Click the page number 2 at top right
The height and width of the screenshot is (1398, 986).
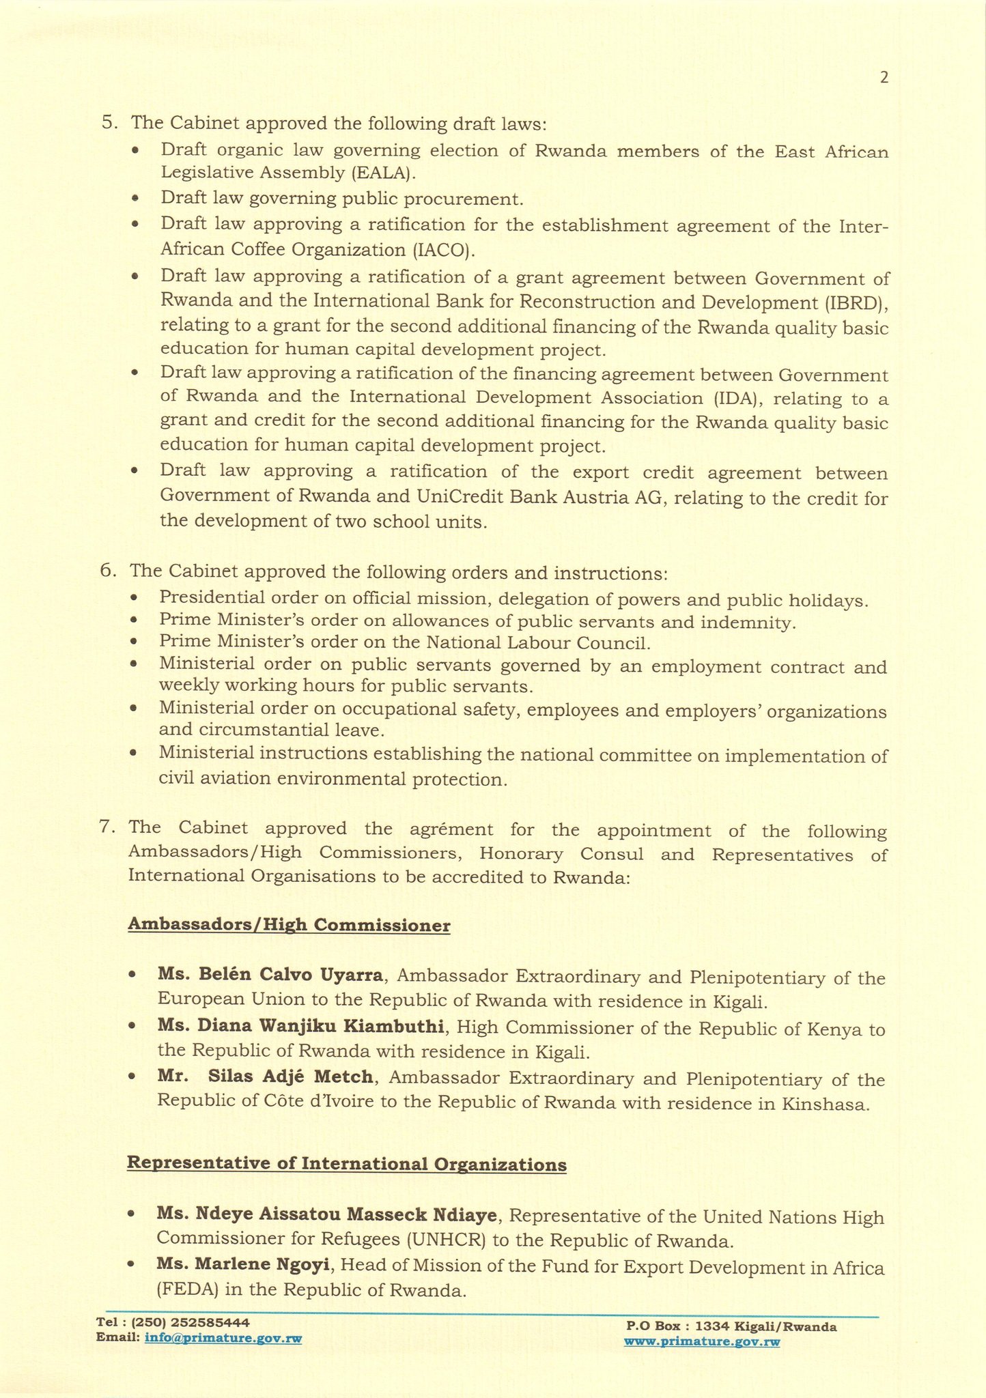pyautogui.click(x=884, y=78)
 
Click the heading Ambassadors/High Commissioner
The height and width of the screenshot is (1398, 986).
pyautogui.click(x=289, y=926)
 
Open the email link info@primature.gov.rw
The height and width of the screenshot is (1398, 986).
pyautogui.click(x=223, y=1339)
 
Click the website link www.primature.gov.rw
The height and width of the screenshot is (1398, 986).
pyautogui.click(x=702, y=1342)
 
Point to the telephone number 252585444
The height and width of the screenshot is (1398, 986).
pyautogui.click(x=205, y=1322)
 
